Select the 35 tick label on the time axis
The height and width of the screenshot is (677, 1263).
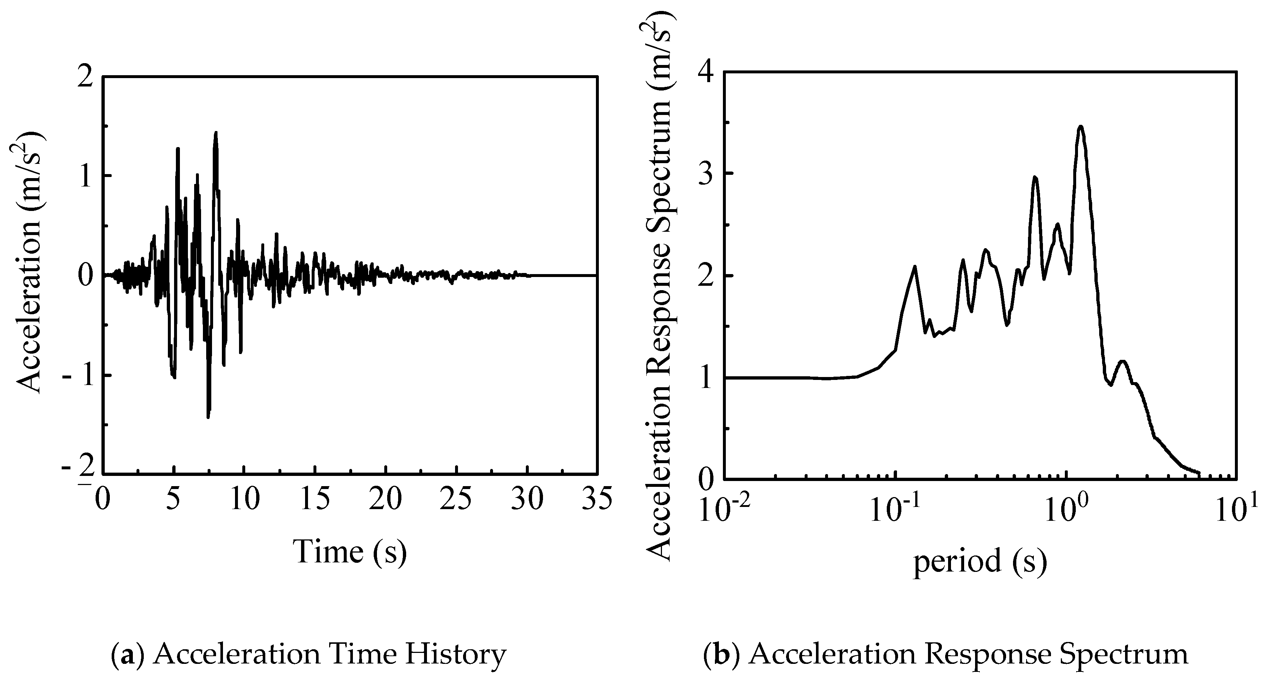[596, 500]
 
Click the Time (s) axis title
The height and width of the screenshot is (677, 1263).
[350, 551]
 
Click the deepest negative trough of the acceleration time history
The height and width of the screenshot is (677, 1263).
[208, 417]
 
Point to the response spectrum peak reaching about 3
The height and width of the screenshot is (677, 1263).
[1035, 177]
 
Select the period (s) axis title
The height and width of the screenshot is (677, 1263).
[979, 561]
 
